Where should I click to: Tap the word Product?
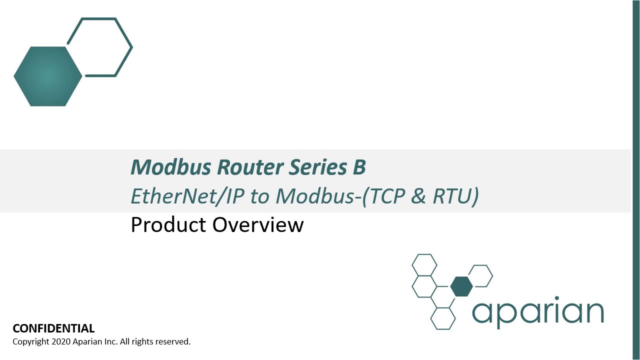pos(168,225)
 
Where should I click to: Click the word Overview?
pos(258,225)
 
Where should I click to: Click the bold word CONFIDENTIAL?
pos(53,328)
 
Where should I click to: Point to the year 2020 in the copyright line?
pos(60,342)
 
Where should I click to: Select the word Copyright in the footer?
pos(30,342)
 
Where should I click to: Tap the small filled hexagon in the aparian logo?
pos(461,286)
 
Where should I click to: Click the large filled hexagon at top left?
pos(48,76)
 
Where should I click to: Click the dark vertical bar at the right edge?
pos(636,180)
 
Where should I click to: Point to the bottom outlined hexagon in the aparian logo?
pos(443,318)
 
